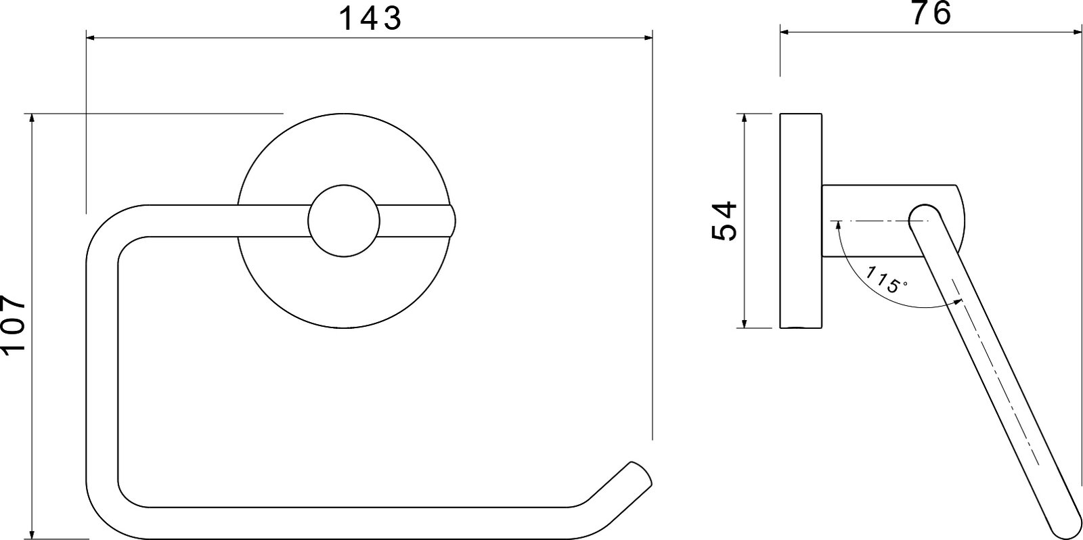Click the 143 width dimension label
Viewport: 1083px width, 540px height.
coord(370,18)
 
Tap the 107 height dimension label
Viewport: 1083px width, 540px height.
coord(13,326)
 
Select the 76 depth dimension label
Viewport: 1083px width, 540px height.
coord(931,13)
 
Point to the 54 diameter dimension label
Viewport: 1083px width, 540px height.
coord(724,221)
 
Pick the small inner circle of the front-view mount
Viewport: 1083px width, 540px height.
coord(344,221)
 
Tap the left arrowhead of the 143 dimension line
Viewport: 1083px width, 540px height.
coord(91,37)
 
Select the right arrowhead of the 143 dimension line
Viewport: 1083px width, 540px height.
coord(647,37)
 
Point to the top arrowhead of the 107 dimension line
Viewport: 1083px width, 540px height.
coord(32,119)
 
